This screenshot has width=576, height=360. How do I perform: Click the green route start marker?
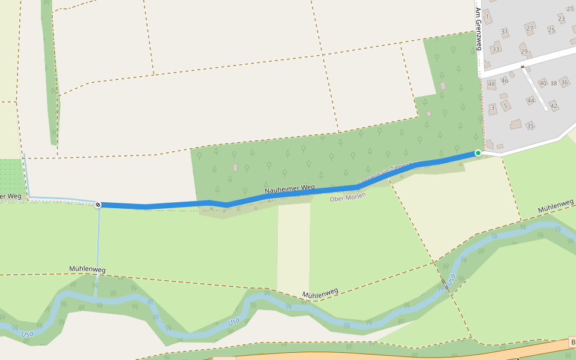click(478, 153)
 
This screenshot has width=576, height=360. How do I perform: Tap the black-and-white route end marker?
click(98, 205)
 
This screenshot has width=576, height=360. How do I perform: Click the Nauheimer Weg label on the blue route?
click(290, 190)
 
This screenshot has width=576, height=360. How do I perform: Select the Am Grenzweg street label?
click(478, 28)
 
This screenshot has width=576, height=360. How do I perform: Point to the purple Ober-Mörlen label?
click(347, 197)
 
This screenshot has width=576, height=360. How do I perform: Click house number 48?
click(492, 84)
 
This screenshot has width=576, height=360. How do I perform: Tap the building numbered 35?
click(530, 126)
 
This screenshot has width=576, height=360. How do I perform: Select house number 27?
click(529, 28)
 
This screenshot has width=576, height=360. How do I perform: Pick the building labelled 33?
click(496, 49)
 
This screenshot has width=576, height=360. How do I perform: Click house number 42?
click(554, 106)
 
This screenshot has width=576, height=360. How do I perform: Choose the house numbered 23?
click(562, 19)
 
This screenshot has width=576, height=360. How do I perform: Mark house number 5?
click(506, 106)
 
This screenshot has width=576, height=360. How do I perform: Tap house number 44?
click(530, 101)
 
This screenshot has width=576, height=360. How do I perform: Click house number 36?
click(564, 83)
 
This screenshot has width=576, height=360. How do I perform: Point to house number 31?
click(505, 31)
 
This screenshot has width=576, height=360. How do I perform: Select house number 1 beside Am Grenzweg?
click(488, 16)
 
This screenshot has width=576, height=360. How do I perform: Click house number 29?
click(524, 52)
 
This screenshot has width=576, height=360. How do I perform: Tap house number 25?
click(551, 30)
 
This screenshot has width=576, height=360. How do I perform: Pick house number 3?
click(493, 108)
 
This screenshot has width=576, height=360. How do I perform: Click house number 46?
click(505, 80)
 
